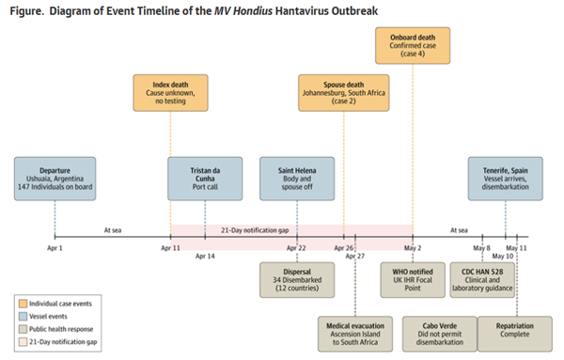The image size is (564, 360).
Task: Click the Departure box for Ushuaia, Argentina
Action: click(x=55, y=179)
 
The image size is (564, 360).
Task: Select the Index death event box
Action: click(x=170, y=93)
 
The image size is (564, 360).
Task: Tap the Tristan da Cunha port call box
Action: click(x=205, y=179)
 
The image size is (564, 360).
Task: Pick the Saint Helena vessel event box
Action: click(x=297, y=179)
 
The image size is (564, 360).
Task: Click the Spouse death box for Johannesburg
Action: click(x=343, y=93)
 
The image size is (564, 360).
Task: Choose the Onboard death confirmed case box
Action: click(x=413, y=46)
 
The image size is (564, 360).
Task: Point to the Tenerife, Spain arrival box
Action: click(x=506, y=179)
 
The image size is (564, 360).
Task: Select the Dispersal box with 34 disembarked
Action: click(x=297, y=280)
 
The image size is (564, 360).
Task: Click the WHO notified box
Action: click(x=413, y=280)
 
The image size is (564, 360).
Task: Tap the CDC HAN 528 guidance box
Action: click(x=482, y=280)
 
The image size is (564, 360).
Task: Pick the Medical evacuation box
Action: click(x=355, y=334)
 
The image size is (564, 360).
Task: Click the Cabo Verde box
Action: click(x=440, y=334)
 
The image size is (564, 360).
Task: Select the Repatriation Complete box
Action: click(x=515, y=334)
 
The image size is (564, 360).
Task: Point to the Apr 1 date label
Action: click(x=55, y=248)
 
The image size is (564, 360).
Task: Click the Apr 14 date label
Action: click(x=205, y=256)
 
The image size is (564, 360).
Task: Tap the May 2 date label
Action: click(x=413, y=248)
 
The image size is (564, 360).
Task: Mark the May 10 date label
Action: click(x=503, y=256)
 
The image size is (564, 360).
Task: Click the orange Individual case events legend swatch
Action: click(x=23, y=304)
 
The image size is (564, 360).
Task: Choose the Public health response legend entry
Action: click(x=56, y=329)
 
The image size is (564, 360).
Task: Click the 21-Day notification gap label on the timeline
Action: click(x=255, y=230)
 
